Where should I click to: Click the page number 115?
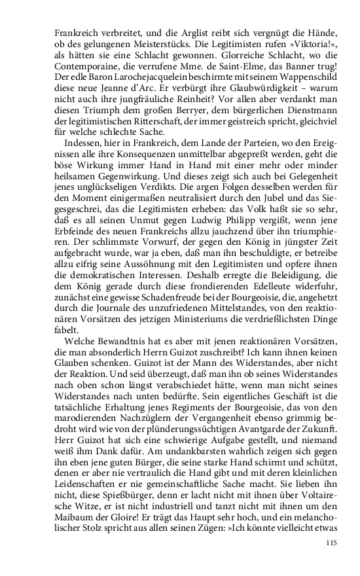331,543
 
